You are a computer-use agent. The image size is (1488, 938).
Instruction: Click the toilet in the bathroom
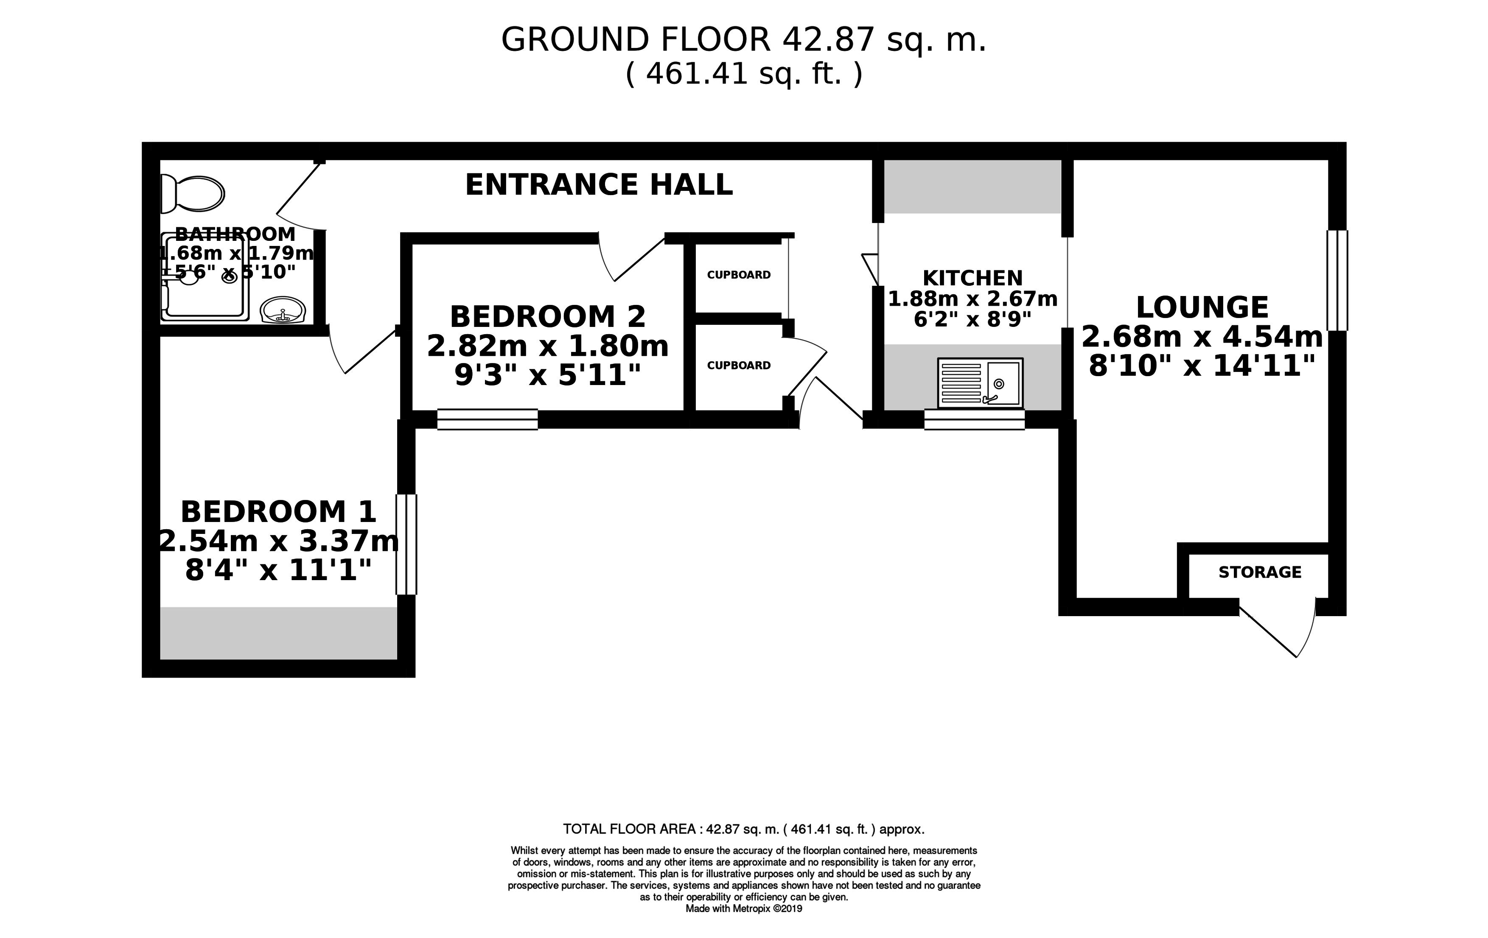(x=192, y=194)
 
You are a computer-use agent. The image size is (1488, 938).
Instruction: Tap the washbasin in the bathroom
(x=283, y=310)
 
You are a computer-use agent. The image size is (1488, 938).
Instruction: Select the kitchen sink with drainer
(x=980, y=383)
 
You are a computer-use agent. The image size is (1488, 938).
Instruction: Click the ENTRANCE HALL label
(x=599, y=184)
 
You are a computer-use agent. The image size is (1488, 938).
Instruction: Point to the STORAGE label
(x=1260, y=572)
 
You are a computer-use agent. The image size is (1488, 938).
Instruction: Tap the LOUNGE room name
(x=1202, y=307)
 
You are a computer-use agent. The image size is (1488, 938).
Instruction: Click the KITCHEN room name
(x=972, y=278)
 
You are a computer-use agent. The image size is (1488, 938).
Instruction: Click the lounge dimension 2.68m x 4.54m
(x=1202, y=337)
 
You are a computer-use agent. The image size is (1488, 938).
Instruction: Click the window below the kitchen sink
(x=975, y=419)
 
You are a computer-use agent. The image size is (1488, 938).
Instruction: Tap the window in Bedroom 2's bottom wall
(x=487, y=419)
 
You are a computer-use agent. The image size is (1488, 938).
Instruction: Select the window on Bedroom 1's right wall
(x=406, y=544)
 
